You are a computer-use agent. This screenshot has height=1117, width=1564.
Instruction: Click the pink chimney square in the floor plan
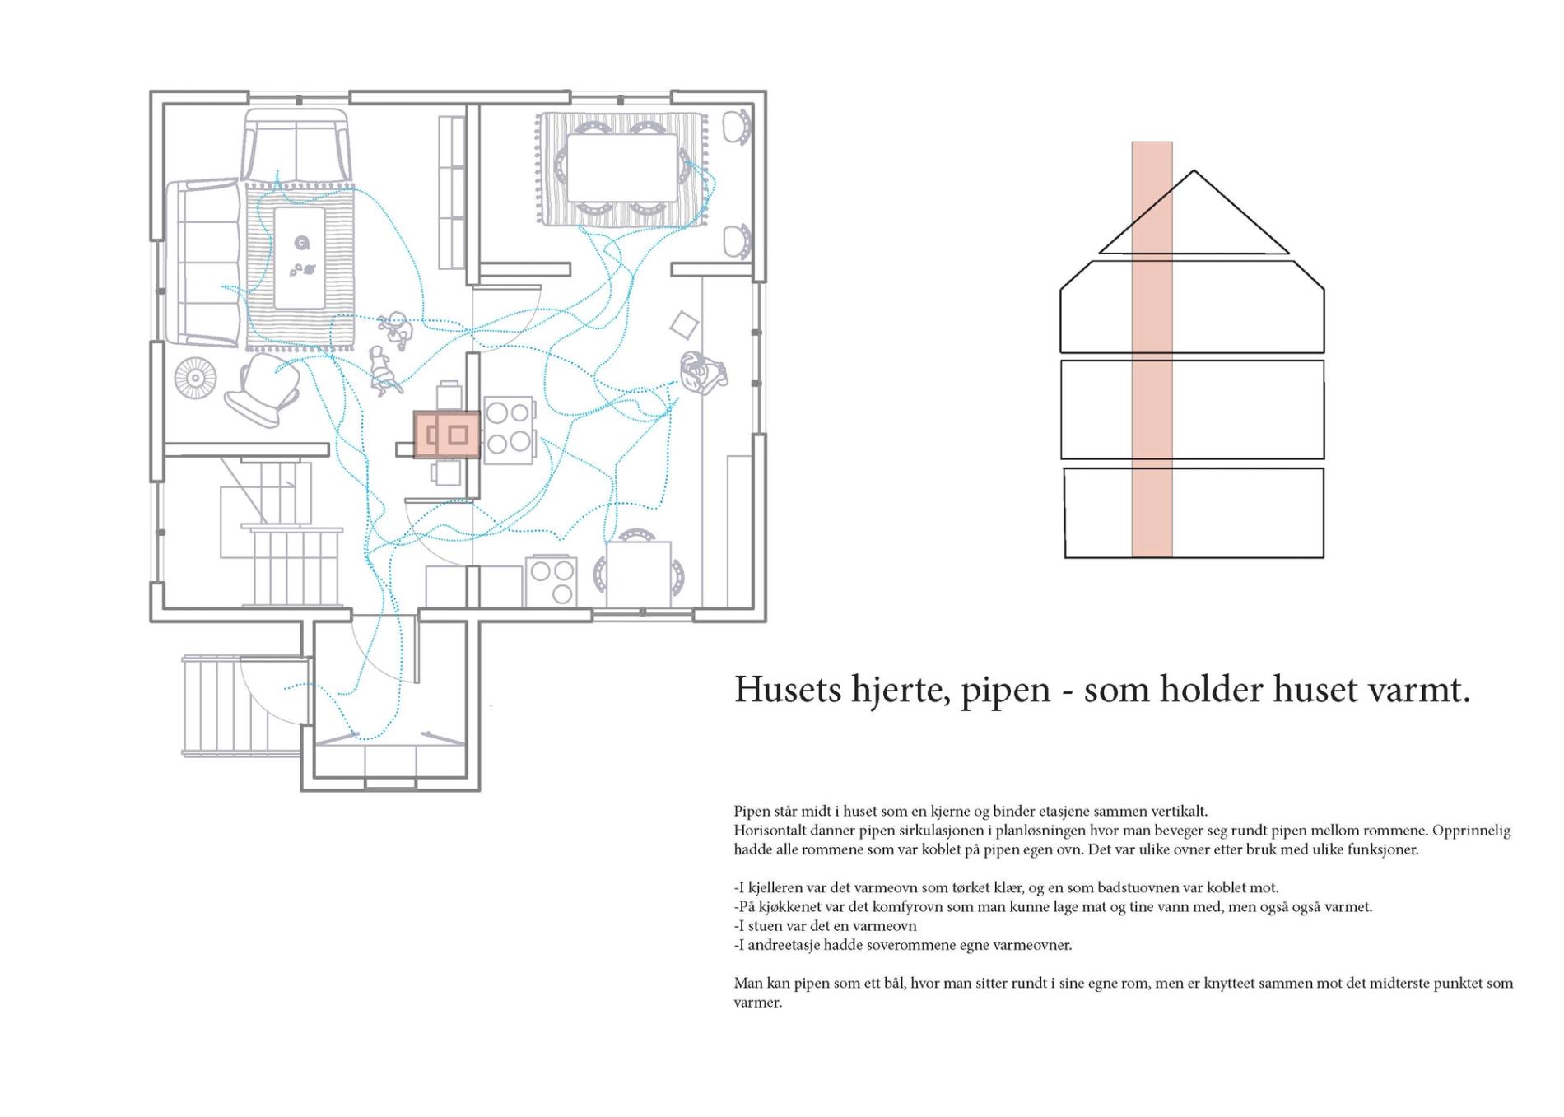tap(446, 434)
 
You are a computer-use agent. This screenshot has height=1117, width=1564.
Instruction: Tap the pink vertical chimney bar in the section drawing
tap(1152, 349)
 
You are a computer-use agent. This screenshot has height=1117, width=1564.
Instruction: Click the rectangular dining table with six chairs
tap(621, 168)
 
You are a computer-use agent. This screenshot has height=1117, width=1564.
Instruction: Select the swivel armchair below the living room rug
tap(263, 389)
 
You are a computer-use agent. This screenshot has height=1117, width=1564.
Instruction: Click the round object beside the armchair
tap(195, 378)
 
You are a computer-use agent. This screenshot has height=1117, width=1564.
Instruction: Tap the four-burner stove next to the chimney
tap(509, 431)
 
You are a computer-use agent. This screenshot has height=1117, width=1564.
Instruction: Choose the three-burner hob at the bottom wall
tap(552, 580)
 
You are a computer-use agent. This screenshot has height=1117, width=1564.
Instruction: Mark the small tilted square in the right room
tap(683, 325)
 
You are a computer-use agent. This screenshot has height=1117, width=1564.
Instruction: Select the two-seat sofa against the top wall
tap(296, 150)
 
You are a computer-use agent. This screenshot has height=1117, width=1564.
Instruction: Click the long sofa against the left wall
tap(205, 262)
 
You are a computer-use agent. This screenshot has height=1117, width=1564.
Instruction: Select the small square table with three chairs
tap(638, 575)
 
